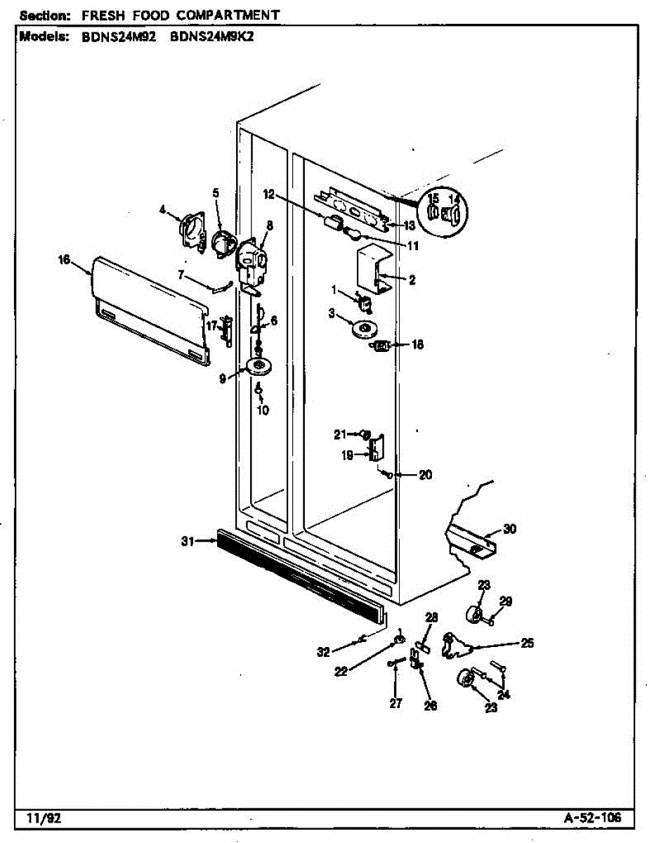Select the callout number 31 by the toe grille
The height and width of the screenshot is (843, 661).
tap(188, 541)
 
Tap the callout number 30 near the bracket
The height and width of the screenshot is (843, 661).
tap(510, 529)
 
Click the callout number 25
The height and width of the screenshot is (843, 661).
tap(528, 642)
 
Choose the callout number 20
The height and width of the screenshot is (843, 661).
tap(425, 475)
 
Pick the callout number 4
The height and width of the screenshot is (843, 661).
tap(163, 209)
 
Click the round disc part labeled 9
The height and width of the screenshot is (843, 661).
tap(260, 366)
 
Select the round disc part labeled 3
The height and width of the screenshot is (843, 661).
tap(366, 328)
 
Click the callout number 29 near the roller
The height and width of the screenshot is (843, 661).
tap(506, 601)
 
